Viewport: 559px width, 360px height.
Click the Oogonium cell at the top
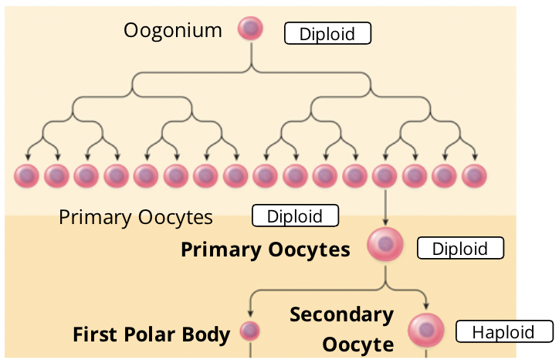pyautogui.click(x=250, y=29)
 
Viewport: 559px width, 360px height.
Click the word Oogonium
pyautogui.click(x=173, y=31)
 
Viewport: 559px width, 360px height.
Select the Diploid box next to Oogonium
pyautogui.click(x=327, y=34)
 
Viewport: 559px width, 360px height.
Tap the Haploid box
pyautogui.click(x=504, y=331)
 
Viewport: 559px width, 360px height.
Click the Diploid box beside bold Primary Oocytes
pyautogui.click(x=460, y=249)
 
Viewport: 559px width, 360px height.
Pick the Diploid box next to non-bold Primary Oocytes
pyautogui.click(x=295, y=216)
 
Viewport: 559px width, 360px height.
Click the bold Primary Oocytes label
pyautogui.click(x=266, y=250)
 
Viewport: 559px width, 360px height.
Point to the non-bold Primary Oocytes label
pyautogui.click(x=136, y=217)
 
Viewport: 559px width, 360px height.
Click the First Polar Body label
pyautogui.click(x=151, y=335)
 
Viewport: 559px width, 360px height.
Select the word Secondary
pyautogui.click(x=341, y=315)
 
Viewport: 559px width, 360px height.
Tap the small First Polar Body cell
pyautogui.click(x=249, y=331)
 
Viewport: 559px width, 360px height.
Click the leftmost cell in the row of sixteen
pyautogui.click(x=27, y=176)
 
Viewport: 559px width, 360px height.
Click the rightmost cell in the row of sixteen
pyautogui.click(x=474, y=176)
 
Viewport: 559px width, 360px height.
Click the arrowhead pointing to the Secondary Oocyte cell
pyautogui.click(x=426, y=307)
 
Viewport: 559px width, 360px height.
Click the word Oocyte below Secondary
pyautogui.click(x=357, y=345)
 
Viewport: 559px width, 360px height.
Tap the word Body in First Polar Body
pyautogui.click(x=207, y=335)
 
